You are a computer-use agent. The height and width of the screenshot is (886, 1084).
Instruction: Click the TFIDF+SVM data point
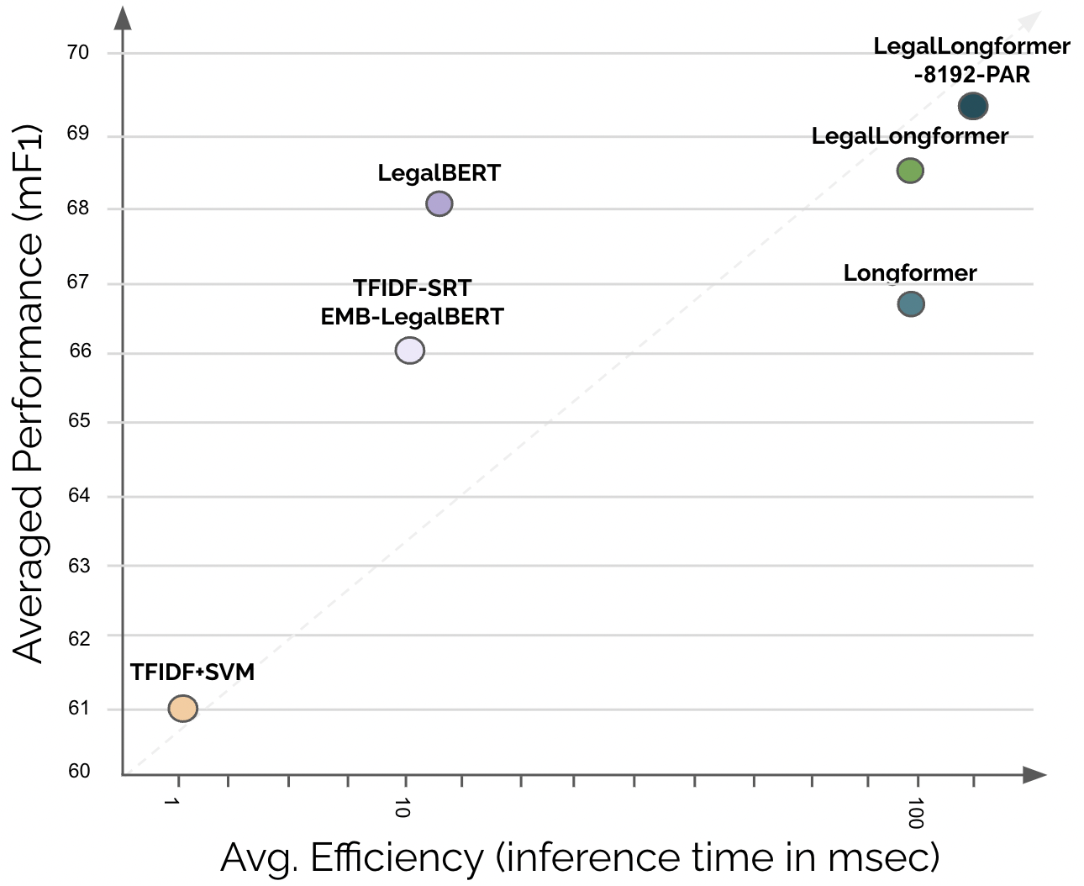(182, 709)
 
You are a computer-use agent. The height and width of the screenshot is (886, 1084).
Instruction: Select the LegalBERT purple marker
(439, 203)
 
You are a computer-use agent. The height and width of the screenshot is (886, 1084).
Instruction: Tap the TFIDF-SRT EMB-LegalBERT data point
(409, 351)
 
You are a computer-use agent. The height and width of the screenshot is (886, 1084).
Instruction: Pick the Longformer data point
(911, 304)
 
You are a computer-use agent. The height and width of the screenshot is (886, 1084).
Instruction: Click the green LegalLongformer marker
(910, 171)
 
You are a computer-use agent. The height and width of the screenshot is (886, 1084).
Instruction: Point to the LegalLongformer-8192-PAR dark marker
(972, 107)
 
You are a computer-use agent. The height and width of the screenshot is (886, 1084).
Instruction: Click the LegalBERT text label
(439, 173)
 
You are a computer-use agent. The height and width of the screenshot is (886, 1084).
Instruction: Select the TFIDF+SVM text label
(192, 672)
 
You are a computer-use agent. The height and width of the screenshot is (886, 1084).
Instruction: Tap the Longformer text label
(910, 273)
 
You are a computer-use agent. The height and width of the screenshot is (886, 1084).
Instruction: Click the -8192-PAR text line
(971, 75)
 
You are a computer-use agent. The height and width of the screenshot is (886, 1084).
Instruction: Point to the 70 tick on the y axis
(78, 53)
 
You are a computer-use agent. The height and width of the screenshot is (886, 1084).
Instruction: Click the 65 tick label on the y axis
(79, 420)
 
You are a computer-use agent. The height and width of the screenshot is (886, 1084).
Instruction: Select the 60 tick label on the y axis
(79, 771)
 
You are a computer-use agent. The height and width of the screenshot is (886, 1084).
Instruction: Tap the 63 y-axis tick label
(79, 566)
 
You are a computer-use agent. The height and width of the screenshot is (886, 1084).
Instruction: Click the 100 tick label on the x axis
(916, 813)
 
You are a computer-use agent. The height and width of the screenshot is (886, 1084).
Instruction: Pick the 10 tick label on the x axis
(403, 809)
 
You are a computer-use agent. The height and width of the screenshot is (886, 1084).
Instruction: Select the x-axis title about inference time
(580, 858)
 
